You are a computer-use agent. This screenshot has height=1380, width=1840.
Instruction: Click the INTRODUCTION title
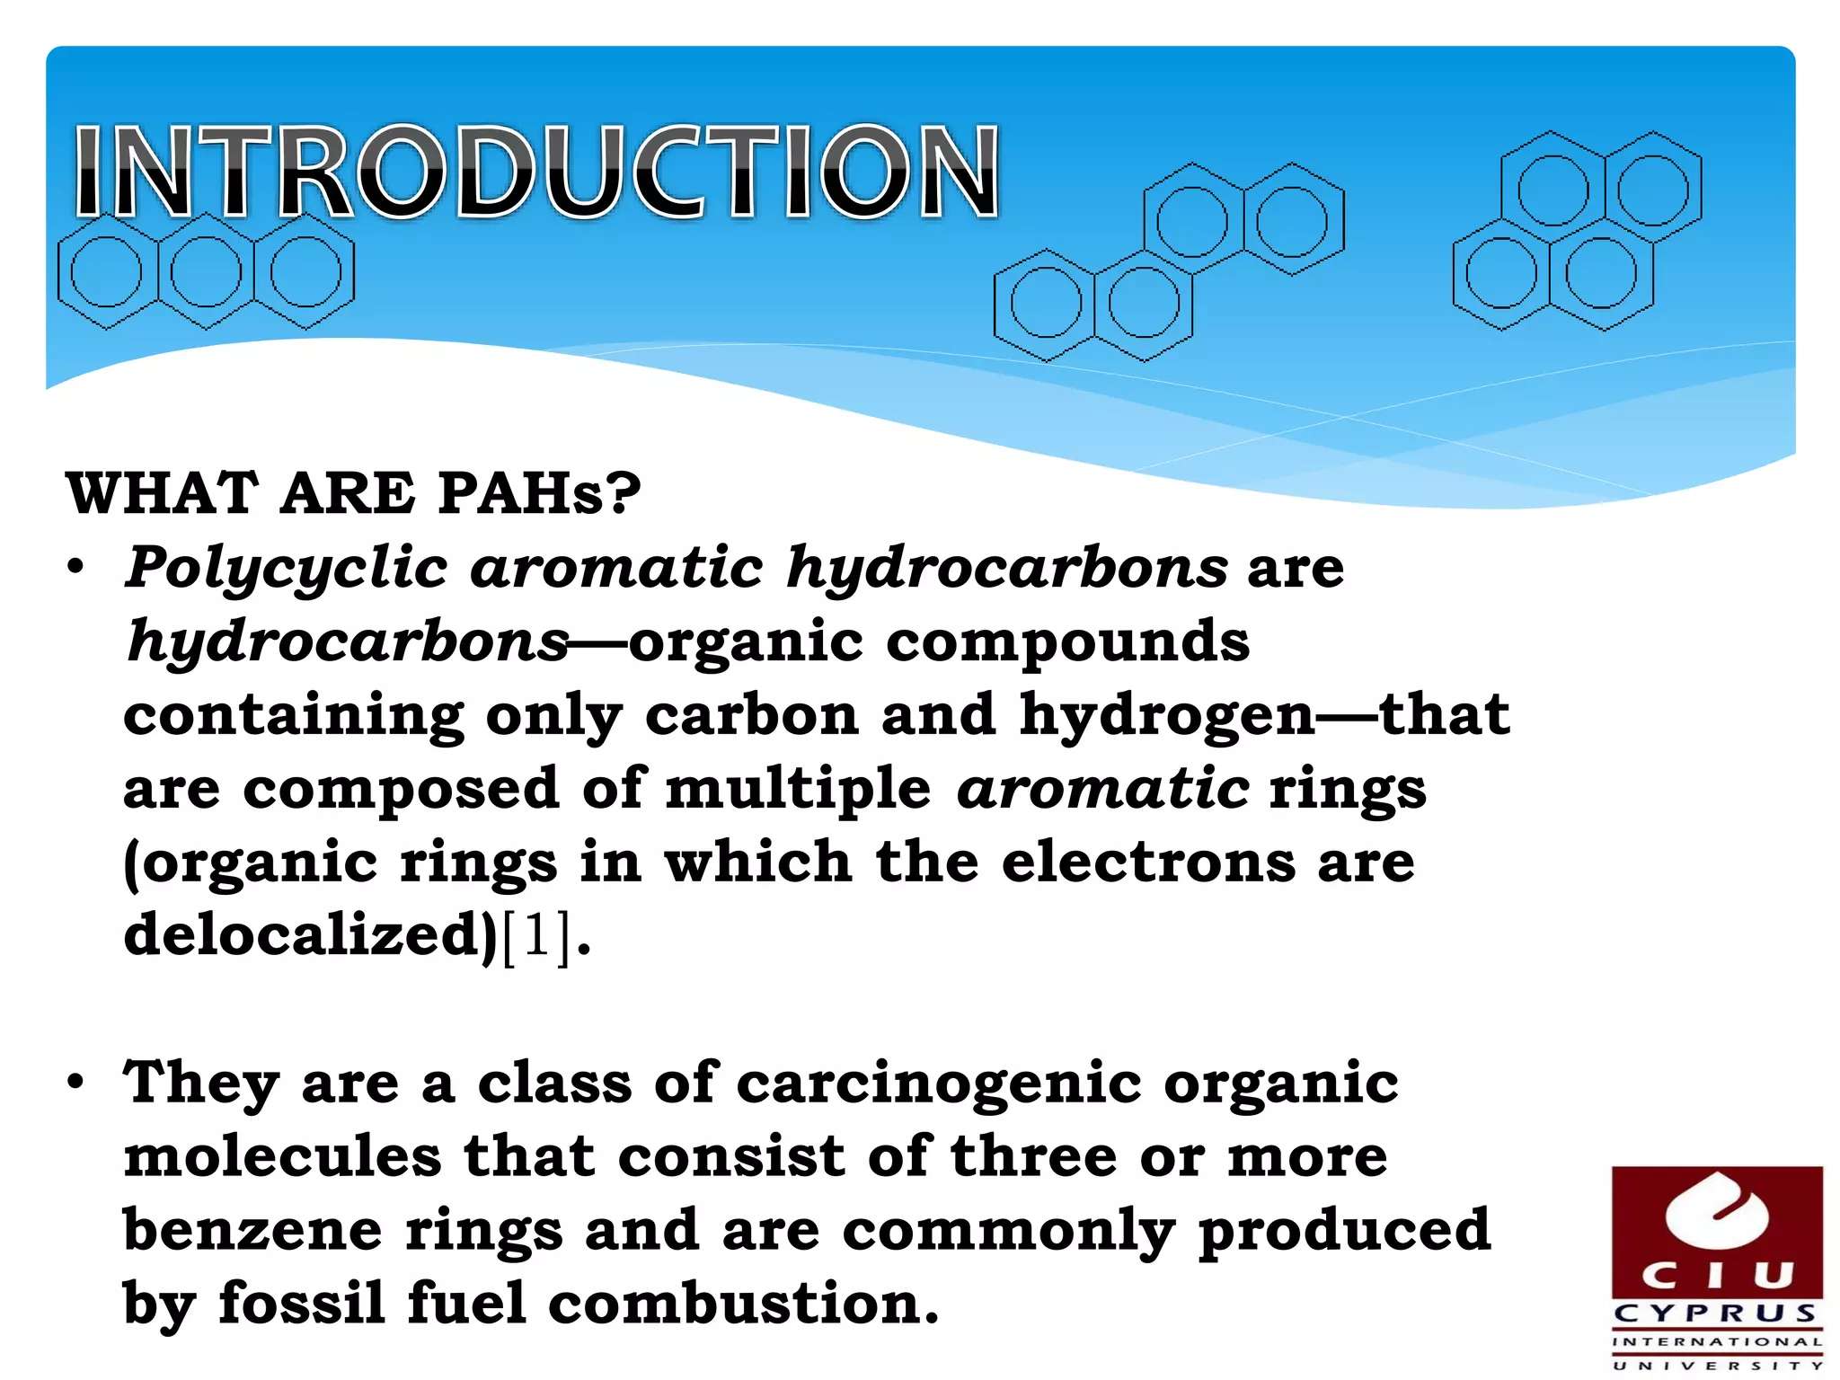tap(536, 172)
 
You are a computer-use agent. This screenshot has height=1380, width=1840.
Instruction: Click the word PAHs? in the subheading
tap(539, 493)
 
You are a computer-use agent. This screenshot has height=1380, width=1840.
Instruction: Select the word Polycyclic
tap(287, 569)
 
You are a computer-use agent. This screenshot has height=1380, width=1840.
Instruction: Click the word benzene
tap(252, 1230)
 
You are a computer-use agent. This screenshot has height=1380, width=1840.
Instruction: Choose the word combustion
tap(743, 1304)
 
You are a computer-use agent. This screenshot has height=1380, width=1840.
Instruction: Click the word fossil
tap(302, 1304)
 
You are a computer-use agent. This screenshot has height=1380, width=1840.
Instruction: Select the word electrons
tap(1148, 862)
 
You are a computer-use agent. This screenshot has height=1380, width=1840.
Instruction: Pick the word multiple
tap(798, 788)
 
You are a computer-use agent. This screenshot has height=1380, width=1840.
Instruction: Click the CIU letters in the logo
tap(1717, 1275)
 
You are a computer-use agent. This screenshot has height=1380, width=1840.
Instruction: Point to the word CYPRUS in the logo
tap(1717, 1314)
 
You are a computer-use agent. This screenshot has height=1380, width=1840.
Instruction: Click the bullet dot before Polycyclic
tap(76, 568)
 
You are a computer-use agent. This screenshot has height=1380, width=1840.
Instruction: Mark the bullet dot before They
tap(76, 1082)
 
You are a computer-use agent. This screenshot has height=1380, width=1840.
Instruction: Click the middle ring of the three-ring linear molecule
tap(206, 271)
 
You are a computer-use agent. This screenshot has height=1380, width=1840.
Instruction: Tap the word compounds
tap(1067, 642)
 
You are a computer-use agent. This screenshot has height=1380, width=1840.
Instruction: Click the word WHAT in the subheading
tap(163, 493)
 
